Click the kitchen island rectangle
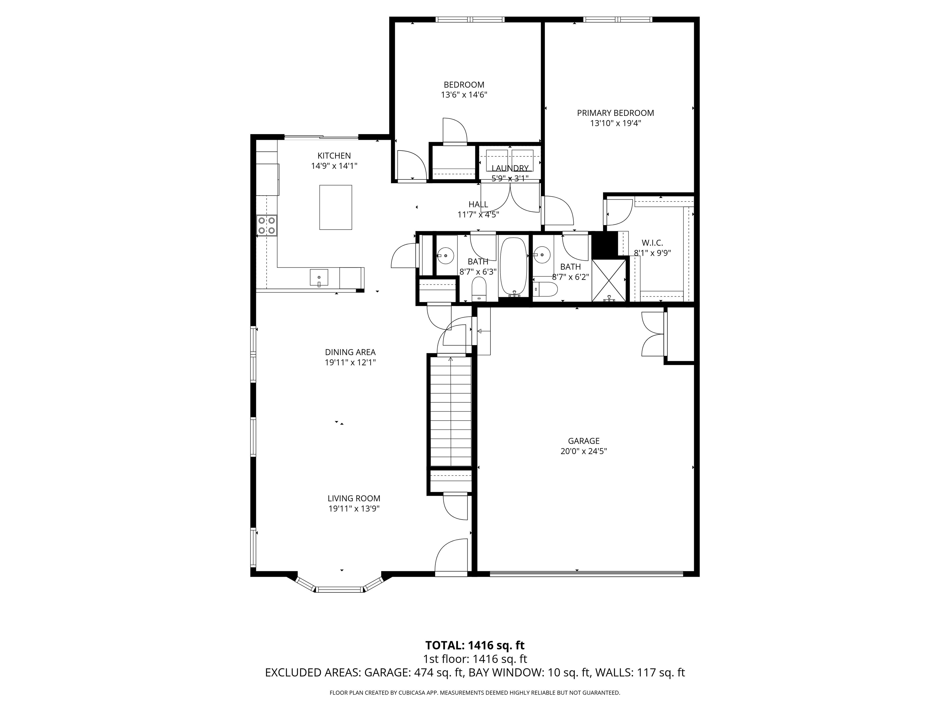pyautogui.click(x=336, y=207)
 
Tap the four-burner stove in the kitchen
pyautogui.click(x=266, y=225)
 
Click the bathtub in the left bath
pyautogui.click(x=513, y=266)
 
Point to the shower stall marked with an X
pyautogui.click(x=609, y=280)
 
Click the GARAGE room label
pyautogui.click(x=583, y=441)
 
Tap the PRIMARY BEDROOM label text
pyautogui.click(x=615, y=113)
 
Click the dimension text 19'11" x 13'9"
pyautogui.click(x=354, y=509)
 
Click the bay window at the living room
pyautogui.click(x=339, y=588)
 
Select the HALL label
pyautogui.click(x=478, y=204)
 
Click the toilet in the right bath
pyautogui.click(x=546, y=290)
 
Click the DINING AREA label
pyautogui.click(x=350, y=352)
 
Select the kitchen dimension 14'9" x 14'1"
pyautogui.click(x=334, y=166)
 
